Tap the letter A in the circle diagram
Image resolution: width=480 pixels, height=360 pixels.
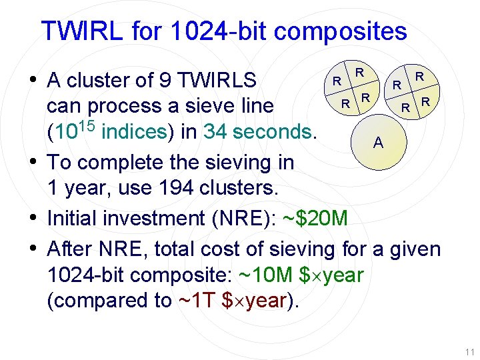[378, 142]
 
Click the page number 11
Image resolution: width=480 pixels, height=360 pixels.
[469, 352]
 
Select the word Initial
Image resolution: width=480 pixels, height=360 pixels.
[74, 218]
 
